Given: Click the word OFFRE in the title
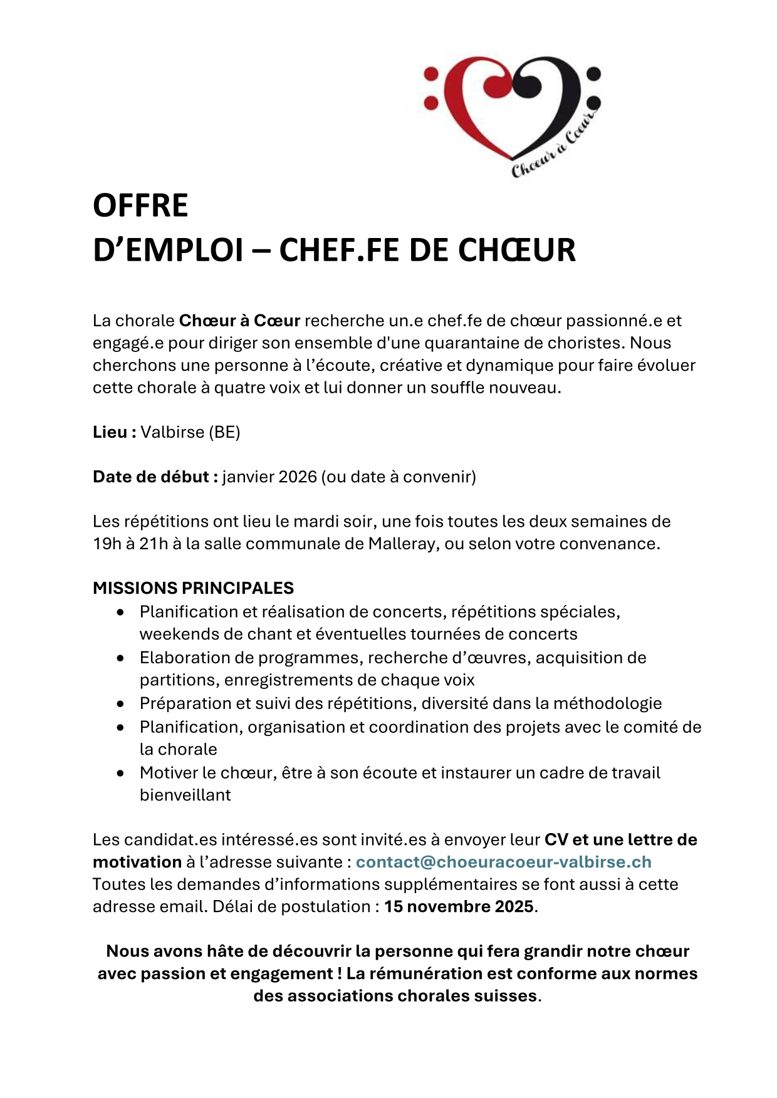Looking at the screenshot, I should pos(140,206).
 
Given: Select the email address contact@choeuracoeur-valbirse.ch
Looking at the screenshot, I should pos(503,862).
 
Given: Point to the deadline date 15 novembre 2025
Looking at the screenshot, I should pos(459,906).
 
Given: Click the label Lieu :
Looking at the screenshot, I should pos(115,432).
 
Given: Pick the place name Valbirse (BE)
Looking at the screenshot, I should pos(190,432).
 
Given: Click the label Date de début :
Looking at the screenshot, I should pos(155,477).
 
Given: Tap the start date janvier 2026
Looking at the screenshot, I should pos(269,477).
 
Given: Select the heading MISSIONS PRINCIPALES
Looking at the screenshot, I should pos(193,588).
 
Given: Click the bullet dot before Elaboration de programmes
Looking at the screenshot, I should pos(120,658).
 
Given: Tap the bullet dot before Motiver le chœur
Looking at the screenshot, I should pos(120,774).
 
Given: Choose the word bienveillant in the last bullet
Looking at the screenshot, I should pos(185,795).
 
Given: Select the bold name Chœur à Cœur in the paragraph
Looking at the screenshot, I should pos(239,321).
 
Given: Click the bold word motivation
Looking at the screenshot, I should pos(137,862).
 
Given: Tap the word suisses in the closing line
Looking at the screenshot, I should pos(506,996).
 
